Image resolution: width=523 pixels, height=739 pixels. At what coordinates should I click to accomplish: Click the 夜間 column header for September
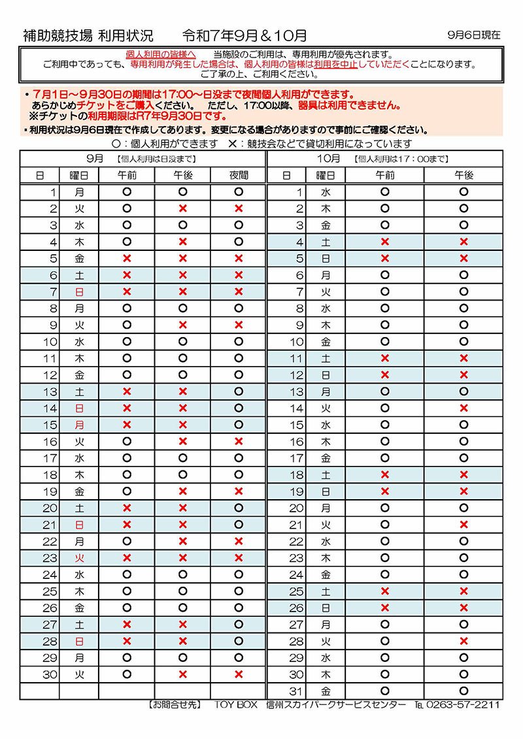239,175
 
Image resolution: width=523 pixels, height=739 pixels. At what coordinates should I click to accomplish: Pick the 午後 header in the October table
464,175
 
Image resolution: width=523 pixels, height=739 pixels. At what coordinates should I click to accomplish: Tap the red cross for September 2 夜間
239,208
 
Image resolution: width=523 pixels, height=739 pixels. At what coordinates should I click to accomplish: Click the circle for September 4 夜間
239,242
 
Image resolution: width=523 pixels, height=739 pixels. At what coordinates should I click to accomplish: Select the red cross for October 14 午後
464,408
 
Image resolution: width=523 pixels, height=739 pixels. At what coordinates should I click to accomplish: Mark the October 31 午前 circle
384,691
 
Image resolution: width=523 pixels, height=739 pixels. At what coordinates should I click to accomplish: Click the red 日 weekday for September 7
80,291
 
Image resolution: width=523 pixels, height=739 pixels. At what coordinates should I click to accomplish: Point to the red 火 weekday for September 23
80,558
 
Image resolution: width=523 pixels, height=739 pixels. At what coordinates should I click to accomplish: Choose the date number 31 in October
297,691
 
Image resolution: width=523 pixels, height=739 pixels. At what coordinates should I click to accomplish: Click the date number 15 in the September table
51,425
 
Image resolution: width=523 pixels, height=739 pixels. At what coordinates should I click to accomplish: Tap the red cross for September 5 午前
127,258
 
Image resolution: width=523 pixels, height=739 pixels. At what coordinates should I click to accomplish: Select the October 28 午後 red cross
464,641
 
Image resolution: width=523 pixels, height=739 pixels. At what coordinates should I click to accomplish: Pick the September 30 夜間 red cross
239,674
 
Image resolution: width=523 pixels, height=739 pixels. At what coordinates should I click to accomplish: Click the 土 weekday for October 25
326,591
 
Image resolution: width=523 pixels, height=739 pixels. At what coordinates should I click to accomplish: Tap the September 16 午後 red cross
183,442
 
